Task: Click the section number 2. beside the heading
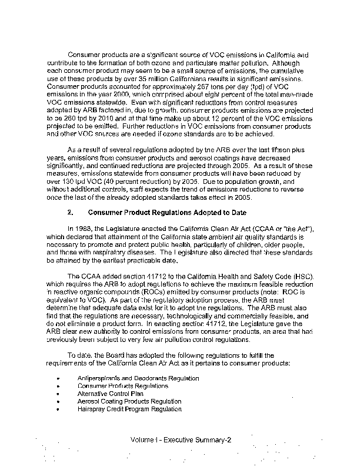click(71, 211)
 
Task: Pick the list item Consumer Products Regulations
click(115, 386)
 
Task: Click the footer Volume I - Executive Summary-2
click(182, 439)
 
